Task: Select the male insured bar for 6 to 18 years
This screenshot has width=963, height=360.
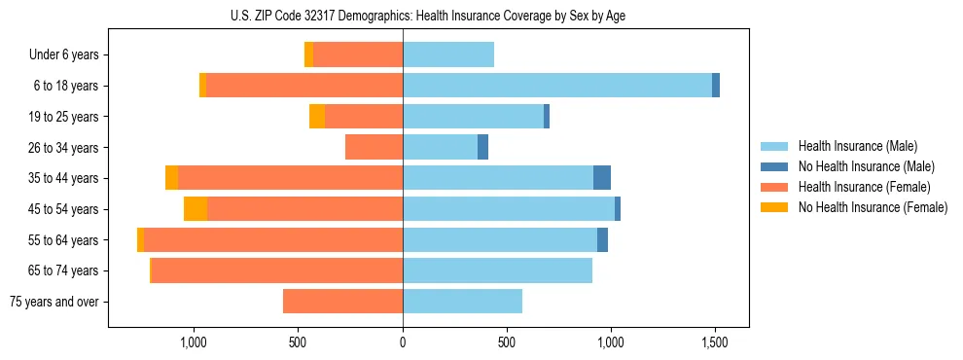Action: coord(556,86)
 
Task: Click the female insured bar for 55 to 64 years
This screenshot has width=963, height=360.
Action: coord(273,239)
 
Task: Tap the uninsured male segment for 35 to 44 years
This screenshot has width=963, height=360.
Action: coord(602,178)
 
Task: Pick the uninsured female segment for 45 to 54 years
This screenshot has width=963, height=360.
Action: coord(196,209)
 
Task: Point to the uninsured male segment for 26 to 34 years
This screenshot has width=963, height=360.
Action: coord(482,147)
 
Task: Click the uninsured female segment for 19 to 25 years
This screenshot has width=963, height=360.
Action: coord(317,117)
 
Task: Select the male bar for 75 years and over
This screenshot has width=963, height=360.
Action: coord(462,302)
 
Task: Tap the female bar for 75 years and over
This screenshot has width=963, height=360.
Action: coord(342,302)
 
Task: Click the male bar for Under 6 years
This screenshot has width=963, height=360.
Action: coord(448,55)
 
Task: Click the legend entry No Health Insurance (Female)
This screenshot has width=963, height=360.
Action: coord(873,207)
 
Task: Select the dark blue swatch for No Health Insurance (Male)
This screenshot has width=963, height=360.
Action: coord(775,166)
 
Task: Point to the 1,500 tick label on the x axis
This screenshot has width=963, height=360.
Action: coord(715,343)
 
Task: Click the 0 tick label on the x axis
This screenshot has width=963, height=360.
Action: coord(403,343)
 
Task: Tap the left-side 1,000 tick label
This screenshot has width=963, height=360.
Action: coord(194,343)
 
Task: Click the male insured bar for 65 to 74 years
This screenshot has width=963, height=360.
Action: coord(497,270)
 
